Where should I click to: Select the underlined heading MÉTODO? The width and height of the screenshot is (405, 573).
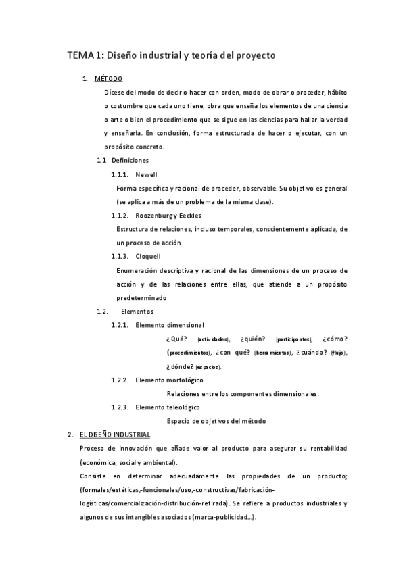[109, 79]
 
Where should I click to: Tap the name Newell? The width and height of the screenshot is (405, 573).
[146, 174]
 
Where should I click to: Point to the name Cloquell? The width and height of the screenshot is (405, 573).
[147, 257]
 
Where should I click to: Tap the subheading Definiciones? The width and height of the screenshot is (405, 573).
[130, 161]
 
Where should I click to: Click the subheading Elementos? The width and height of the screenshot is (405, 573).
[137, 312]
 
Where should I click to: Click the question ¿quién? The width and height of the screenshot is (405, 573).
[252, 339]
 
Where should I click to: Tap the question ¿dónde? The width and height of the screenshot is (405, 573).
[179, 366]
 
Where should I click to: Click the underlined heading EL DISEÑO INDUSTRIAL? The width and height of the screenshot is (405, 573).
[115, 434]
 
